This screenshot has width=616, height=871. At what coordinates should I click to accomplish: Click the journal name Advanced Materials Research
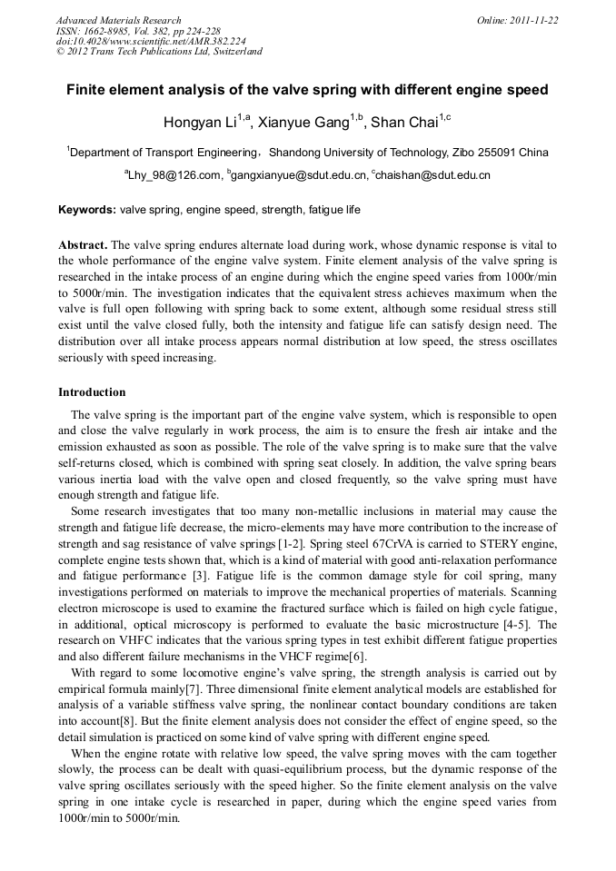coord(118,20)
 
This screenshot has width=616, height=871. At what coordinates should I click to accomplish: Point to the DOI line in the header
coord(150,41)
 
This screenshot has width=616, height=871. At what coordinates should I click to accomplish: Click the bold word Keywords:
coord(87,210)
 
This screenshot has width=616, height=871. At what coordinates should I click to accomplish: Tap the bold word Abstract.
coord(83,246)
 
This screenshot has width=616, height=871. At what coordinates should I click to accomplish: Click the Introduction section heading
coord(92,392)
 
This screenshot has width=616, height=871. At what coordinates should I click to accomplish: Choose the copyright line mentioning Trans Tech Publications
coord(159,52)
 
